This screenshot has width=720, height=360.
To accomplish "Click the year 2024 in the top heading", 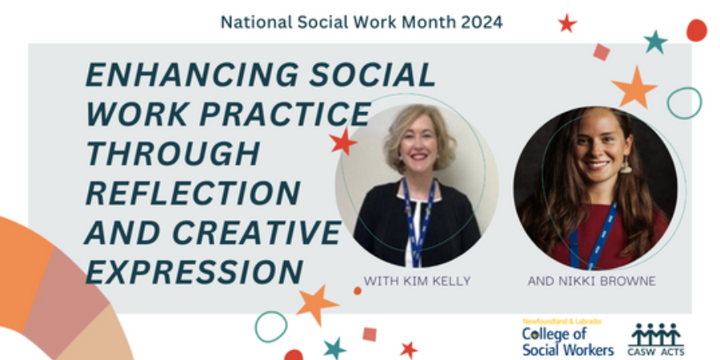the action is tap(482, 22).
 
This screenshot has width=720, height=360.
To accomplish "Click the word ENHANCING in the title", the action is tap(192, 75).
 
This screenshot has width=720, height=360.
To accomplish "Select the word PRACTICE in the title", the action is tap(285, 114).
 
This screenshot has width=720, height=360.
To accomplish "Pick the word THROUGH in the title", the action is tap(173, 154).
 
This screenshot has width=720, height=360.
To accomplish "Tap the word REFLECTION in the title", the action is tap(193, 193).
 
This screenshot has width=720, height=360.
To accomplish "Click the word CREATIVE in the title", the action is tap(256, 232).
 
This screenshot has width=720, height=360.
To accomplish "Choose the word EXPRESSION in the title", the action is tap(194, 272).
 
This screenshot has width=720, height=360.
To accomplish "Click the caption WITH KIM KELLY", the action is tap(417, 281).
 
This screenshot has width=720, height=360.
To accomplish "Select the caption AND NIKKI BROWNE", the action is tap(591, 281).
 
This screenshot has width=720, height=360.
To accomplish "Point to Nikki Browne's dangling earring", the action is tap(626, 165).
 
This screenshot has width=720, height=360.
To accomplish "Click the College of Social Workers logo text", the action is tap(568, 342).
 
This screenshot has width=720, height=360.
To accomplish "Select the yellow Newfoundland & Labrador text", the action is tap(562, 322).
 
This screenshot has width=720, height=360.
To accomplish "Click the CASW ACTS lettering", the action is tap(656, 352).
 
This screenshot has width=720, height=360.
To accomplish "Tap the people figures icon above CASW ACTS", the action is tap(656, 334).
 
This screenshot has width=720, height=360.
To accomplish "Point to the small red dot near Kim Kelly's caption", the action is tap(358, 290).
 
